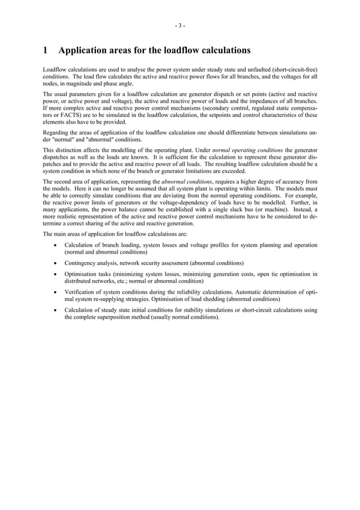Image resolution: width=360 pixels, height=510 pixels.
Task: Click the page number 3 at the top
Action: point(179,25)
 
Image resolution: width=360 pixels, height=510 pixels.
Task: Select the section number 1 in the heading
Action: point(46,50)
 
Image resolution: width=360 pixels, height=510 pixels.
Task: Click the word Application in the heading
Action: point(85,50)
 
